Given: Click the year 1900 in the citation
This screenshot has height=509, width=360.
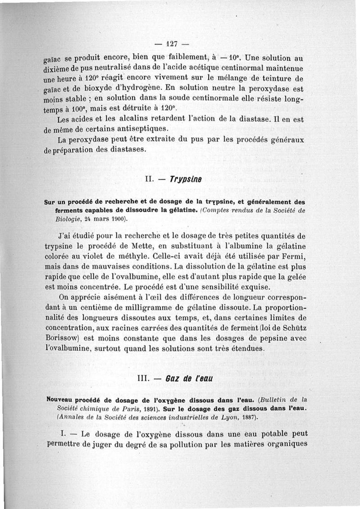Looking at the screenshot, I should pyautogui.click(x=118, y=219).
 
